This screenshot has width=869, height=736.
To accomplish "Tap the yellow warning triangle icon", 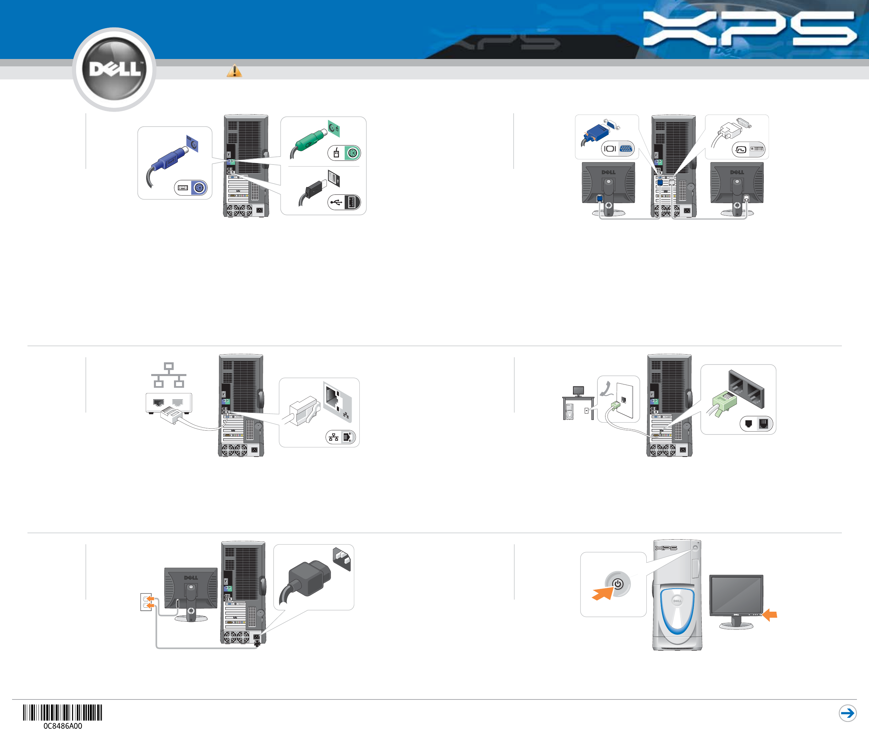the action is click(234, 71).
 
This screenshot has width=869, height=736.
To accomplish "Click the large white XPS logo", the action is click(749, 28).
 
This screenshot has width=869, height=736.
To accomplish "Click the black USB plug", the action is click(315, 190).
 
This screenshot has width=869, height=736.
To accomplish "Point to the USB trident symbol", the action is click(336, 203).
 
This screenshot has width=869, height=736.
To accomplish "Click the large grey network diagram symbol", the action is click(168, 375).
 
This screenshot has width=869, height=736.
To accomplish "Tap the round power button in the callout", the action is click(618, 584).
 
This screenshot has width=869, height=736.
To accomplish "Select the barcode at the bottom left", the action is click(63, 713).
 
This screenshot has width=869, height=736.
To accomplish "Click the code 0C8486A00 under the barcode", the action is click(63, 726).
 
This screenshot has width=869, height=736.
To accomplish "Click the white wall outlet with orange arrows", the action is click(146, 602).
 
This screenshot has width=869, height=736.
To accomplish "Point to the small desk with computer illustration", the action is click(578, 403).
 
